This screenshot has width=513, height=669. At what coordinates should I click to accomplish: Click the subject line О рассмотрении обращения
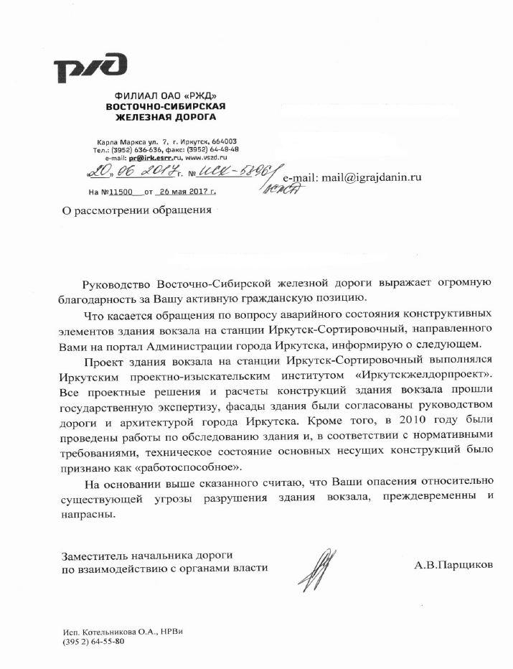tap(138, 210)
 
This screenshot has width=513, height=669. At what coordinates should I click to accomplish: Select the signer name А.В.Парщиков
tap(453, 565)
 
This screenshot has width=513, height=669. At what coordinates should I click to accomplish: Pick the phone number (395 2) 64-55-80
tap(93, 641)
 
